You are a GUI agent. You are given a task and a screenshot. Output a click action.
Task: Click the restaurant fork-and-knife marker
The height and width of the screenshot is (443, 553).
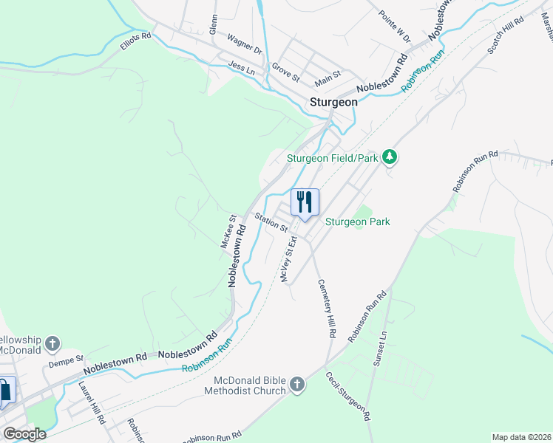pos(305,202)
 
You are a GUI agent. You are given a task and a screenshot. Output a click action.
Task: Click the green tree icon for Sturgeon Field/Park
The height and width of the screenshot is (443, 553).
pos(390,158)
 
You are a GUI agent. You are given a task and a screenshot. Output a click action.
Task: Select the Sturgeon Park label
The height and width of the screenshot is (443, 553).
pos(358,221)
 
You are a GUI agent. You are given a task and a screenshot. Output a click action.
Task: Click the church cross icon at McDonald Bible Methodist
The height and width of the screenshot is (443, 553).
pos(296,385)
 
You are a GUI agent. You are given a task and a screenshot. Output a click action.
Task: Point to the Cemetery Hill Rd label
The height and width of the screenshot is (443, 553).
pos(326,309)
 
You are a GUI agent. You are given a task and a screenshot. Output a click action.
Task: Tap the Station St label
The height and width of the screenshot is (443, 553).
pos(271,222)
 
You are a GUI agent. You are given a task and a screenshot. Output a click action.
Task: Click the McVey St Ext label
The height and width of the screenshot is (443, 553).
pos(288,258)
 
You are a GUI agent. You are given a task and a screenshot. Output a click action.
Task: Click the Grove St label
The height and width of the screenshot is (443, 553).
pos(285,72)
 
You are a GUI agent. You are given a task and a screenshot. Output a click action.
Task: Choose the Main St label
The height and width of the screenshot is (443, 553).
pos(328,75)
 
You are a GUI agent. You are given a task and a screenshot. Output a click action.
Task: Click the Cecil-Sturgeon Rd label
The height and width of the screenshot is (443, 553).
pos(348,396)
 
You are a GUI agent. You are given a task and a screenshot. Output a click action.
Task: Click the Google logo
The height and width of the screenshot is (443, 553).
pos(24,434)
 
